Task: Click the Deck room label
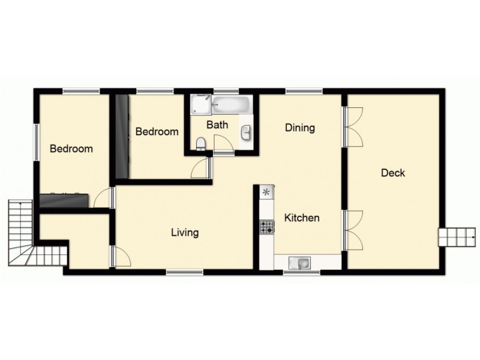coord(393,173)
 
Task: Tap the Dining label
coord(300,128)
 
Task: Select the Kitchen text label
coord(302,218)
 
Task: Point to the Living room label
coord(185,233)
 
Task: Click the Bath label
coord(217,125)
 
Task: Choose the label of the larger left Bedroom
coord(71,149)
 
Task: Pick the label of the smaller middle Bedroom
coord(157,132)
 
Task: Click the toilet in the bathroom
coord(202,143)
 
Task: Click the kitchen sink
coord(298,262)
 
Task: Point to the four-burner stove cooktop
coord(266,227)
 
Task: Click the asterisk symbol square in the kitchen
coord(266,193)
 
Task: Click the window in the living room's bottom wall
coord(185,272)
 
